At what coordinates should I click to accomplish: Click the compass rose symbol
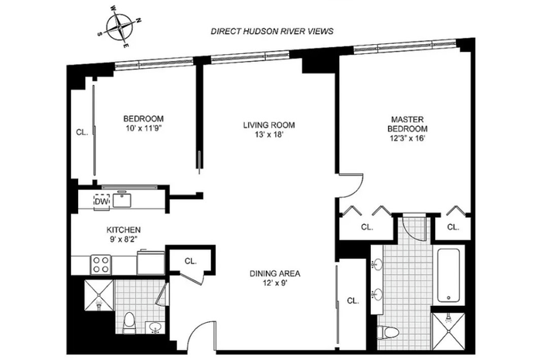click(119, 26)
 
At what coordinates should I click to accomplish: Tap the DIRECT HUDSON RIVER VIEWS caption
click(272, 32)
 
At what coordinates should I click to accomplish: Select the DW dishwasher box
click(102, 202)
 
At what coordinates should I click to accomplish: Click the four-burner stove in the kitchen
click(100, 264)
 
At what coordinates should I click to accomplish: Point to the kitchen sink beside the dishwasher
click(122, 200)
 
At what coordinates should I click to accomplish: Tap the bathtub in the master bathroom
click(448, 276)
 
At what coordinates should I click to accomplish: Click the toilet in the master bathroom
click(388, 332)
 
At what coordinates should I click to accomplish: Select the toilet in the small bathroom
click(130, 323)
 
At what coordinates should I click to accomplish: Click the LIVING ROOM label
click(269, 125)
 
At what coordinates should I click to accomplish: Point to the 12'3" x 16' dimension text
click(407, 138)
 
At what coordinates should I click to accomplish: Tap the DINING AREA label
click(275, 273)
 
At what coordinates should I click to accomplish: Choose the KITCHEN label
click(123, 229)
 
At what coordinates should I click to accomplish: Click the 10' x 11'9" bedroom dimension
click(143, 128)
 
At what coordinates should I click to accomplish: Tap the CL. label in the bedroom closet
click(82, 132)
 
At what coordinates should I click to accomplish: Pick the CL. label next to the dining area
click(352, 301)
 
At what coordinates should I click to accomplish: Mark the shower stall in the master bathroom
click(449, 331)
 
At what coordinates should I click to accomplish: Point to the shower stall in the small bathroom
click(99, 295)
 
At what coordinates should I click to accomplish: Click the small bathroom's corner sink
click(155, 327)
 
